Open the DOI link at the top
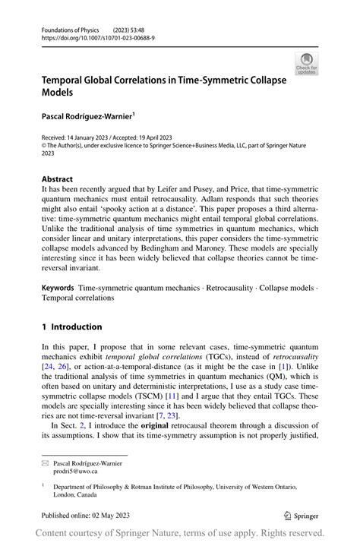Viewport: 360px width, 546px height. [88, 36]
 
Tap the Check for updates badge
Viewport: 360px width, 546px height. [306, 64]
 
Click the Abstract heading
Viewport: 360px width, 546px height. [58, 180]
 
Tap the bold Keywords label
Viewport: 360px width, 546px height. [58, 289]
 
